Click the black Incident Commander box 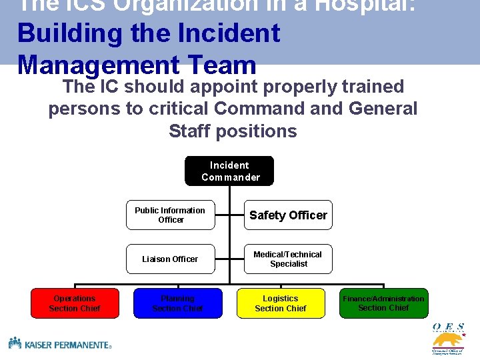[229, 171]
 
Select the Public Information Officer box [171, 215]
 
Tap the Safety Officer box [288, 215]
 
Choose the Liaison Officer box [171, 259]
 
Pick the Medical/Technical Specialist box [288, 259]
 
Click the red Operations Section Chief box [75, 303]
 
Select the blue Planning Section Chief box [177, 303]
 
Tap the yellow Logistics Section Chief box [281, 303]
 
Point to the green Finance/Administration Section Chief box [383, 303]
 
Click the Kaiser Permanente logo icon [15, 343]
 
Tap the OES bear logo [448, 339]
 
